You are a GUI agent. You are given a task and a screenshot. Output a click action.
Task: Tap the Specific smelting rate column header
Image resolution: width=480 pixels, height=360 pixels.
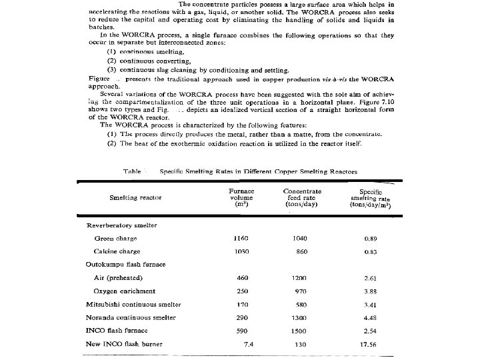(x=370, y=198)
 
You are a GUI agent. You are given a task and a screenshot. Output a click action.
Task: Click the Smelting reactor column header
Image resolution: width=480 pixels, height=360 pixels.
(x=135, y=197)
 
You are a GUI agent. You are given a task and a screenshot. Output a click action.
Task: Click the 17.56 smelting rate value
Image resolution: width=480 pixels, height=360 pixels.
(x=367, y=344)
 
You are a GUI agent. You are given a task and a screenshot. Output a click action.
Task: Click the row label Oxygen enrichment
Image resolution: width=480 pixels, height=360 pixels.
(x=125, y=291)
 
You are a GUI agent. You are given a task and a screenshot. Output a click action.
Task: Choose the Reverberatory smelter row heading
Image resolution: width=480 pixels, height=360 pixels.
(x=122, y=225)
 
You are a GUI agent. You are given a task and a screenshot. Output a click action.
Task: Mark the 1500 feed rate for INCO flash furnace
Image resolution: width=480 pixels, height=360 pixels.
(x=300, y=331)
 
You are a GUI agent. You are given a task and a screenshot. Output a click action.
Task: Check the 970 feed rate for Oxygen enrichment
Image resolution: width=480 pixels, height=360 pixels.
(x=301, y=291)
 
